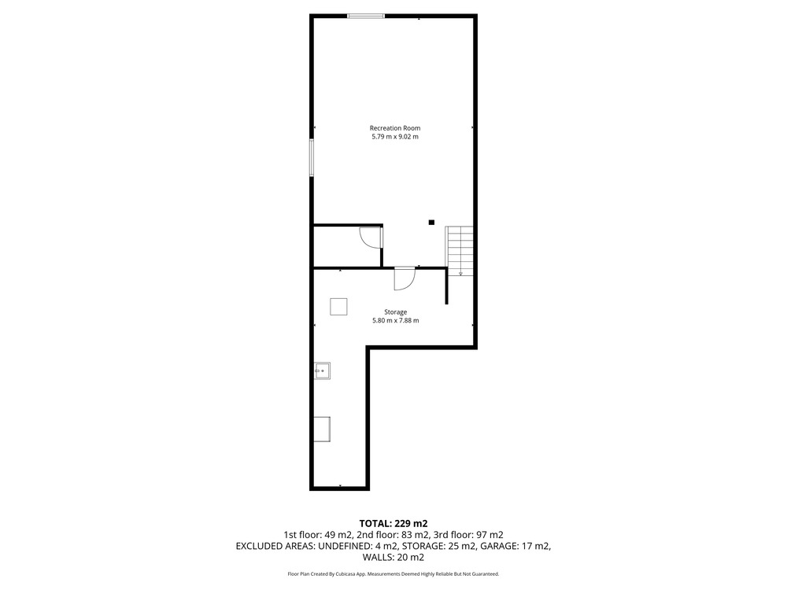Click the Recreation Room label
click(x=395, y=128)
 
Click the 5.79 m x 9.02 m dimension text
click(x=395, y=136)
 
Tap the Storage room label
click(x=396, y=312)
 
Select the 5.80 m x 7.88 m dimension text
click(x=396, y=320)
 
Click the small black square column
click(x=431, y=223)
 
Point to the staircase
click(x=460, y=250)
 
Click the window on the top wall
click(x=367, y=17)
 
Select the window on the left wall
click(x=312, y=157)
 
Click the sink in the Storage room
click(x=322, y=371)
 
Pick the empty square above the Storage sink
click(x=338, y=307)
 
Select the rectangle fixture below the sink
click(x=322, y=429)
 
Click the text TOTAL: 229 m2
click(x=393, y=524)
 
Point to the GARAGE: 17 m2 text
click(x=515, y=546)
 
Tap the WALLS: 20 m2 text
click(x=393, y=557)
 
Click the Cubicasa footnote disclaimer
click(x=393, y=573)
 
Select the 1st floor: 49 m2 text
click(x=318, y=535)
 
